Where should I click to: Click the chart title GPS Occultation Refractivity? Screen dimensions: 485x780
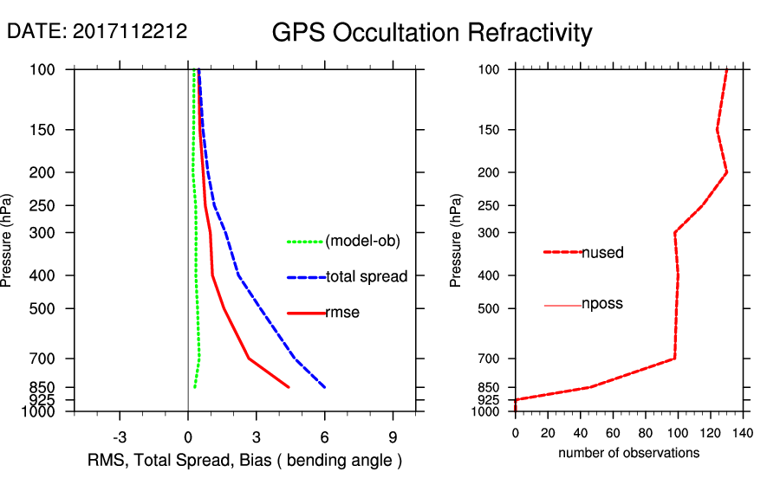click(x=432, y=33)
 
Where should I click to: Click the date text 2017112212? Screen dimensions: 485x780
click(x=130, y=31)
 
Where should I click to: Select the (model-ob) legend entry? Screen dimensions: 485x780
click(x=362, y=242)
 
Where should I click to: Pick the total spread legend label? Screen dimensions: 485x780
click(x=367, y=277)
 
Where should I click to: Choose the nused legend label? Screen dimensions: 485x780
click(x=602, y=253)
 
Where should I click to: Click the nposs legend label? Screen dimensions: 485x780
click(x=602, y=304)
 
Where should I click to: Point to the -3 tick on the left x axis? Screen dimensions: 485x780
click(x=120, y=436)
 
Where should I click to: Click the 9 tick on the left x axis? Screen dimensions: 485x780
click(x=393, y=436)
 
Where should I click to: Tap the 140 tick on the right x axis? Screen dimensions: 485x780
click(x=742, y=432)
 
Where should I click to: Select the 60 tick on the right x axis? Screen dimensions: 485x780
click(x=613, y=432)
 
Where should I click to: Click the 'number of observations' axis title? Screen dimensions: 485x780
click(x=628, y=453)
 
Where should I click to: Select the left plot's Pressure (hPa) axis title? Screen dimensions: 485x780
click(x=10, y=240)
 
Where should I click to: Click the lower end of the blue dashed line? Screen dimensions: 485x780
click(x=324, y=387)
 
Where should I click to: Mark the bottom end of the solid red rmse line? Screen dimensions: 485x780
click(x=289, y=387)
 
